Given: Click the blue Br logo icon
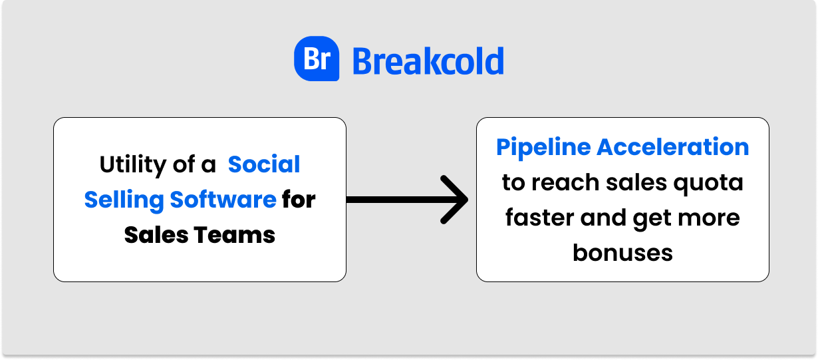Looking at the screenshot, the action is pyautogui.click(x=317, y=59).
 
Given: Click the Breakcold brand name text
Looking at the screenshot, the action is pyautogui.click(x=428, y=61).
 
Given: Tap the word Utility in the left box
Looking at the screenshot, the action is pyautogui.click(x=133, y=165).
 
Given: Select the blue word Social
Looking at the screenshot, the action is pyautogui.click(x=263, y=164).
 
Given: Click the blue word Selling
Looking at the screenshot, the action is pyautogui.click(x=124, y=200).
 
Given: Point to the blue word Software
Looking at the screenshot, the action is pyautogui.click(x=223, y=199).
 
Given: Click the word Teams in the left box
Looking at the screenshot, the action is pyautogui.click(x=235, y=235).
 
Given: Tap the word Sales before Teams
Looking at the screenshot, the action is pyautogui.click(x=156, y=235).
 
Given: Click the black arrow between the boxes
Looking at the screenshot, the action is pyautogui.click(x=407, y=200).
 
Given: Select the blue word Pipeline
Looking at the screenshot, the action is pyautogui.click(x=543, y=148).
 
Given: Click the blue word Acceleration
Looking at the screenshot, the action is pyautogui.click(x=672, y=147).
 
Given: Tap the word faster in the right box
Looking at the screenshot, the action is pyautogui.click(x=540, y=218).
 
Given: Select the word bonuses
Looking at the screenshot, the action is pyautogui.click(x=622, y=253).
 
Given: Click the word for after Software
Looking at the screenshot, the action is pyautogui.click(x=299, y=199).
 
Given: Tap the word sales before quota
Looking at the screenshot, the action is pyautogui.click(x=636, y=182).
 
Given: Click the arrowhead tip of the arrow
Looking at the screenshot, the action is pyautogui.click(x=468, y=200).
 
